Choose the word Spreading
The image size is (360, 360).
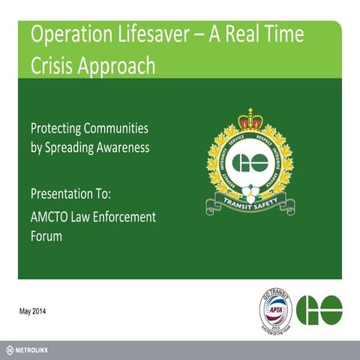pos(76,148)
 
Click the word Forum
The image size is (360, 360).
pos(46,235)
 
